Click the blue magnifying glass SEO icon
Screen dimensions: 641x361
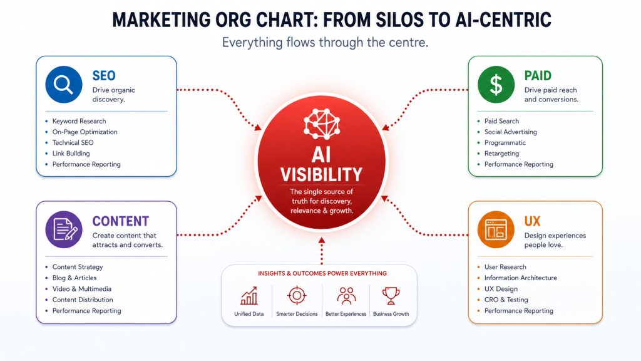click(64, 85)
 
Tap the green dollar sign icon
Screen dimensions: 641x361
click(496, 85)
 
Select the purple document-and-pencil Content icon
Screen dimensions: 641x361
click(64, 229)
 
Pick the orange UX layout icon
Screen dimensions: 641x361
click(496, 229)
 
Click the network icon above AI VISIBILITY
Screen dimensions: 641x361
click(322, 124)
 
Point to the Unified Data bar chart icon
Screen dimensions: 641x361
click(249, 296)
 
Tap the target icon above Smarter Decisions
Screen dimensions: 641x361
click(297, 296)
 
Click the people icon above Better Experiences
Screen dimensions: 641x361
click(346, 296)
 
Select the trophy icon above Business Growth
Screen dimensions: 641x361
click(391, 296)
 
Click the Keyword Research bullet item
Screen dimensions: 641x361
click(79, 121)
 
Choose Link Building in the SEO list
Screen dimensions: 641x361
click(71, 154)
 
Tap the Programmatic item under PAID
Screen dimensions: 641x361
click(505, 143)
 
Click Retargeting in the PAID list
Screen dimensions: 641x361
click(501, 154)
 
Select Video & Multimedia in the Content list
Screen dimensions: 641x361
click(82, 289)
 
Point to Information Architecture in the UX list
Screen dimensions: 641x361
click(520, 278)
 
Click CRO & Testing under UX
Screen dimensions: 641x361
click(506, 300)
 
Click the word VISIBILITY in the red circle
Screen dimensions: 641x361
click(321, 175)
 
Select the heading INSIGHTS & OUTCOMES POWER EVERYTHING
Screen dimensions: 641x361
click(322, 273)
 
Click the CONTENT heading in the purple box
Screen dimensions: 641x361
click(121, 221)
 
